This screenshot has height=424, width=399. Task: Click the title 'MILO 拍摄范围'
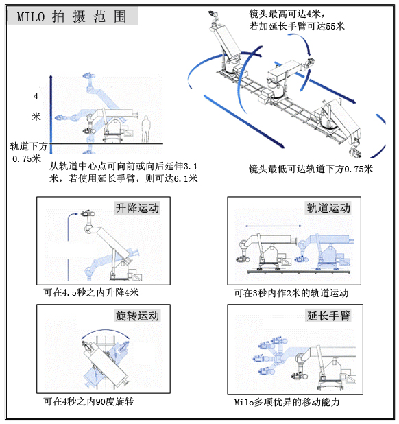coord(71,17)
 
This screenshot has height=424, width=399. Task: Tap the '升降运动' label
coord(138,208)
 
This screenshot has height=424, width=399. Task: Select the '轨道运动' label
coord(328,208)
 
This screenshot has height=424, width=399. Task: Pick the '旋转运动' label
coord(137,316)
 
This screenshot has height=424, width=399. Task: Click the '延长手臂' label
coord(328,316)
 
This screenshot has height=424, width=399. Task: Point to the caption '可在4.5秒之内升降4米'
coord(91,292)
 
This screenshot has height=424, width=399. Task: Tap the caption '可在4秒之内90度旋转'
coord(88,401)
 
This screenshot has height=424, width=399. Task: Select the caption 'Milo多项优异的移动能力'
coord(287,402)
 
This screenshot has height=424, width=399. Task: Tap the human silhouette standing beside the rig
coord(145,128)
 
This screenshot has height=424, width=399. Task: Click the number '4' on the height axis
coord(36,96)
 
